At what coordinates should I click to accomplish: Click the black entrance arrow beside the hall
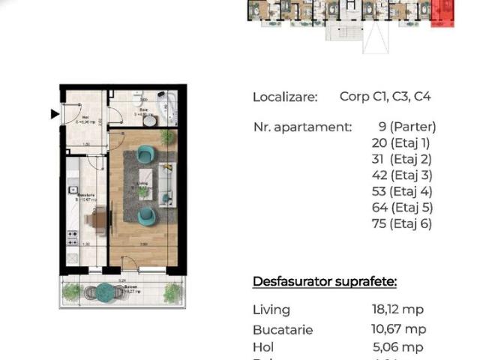tap(54, 114)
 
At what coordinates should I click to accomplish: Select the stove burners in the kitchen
tap(73, 238)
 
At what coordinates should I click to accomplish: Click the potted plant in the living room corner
tap(166, 137)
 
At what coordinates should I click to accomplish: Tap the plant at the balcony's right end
tap(172, 292)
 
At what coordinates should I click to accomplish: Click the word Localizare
tap(285, 97)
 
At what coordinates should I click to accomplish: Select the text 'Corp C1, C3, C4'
tap(385, 97)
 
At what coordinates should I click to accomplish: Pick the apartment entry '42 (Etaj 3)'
tap(402, 175)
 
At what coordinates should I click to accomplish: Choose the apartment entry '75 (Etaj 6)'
tap(402, 223)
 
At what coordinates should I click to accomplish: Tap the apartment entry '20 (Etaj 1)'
tap(402, 142)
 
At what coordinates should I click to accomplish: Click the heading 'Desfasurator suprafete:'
tap(325, 282)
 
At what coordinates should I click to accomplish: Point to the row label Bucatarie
tap(283, 329)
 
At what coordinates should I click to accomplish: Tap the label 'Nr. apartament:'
tap(302, 127)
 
